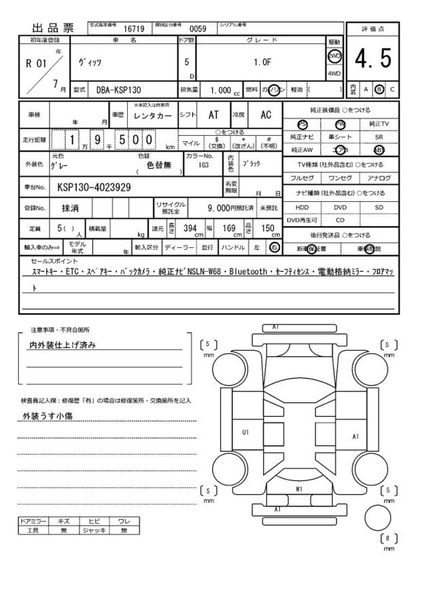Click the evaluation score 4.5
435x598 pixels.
pyautogui.click(x=373, y=61)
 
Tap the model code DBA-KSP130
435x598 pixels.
pyautogui.click(x=118, y=89)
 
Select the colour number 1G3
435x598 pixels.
pyautogui.click(x=203, y=165)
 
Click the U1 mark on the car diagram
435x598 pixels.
pyautogui.click(x=245, y=432)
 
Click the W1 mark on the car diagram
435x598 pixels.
pyautogui.click(x=298, y=488)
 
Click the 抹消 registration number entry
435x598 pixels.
pyautogui.click(x=70, y=207)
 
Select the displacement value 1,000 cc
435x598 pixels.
pyautogui.click(x=222, y=89)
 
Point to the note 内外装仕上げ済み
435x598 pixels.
pyautogui.click(x=61, y=345)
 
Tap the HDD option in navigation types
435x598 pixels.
pyautogui.click(x=302, y=207)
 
